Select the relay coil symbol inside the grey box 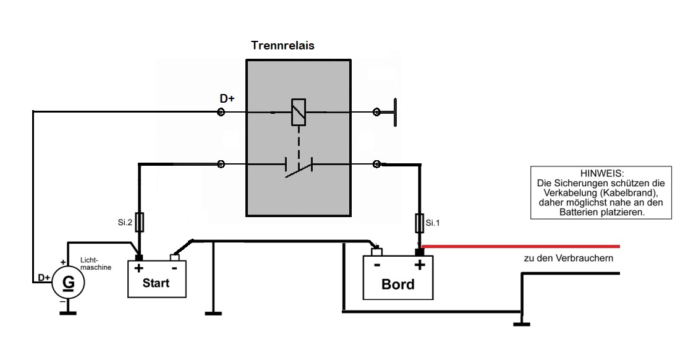coord(299,113)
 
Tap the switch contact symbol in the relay coord(299,166)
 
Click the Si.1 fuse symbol coord(420,221)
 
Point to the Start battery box coord(156,278)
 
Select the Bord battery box coord(398,277)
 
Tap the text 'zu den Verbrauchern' coord(568,259)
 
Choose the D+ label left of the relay coord(227,99)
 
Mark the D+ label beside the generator coord(44,277)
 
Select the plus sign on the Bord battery coord(420,265)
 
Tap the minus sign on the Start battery coord(174,268)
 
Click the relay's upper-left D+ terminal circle coord(221,113)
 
